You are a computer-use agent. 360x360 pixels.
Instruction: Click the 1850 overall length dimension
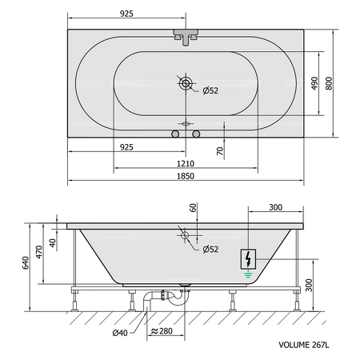(186, 176)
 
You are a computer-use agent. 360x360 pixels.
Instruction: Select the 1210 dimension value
(186, 163)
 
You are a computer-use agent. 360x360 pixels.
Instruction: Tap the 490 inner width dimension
(314, 83)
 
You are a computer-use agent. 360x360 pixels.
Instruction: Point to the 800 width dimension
(329, 83)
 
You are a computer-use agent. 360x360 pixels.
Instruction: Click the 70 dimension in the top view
(220, 151)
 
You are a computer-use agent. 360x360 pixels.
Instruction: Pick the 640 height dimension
(26, 262)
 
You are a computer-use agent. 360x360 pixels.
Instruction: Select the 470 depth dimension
(39, 252)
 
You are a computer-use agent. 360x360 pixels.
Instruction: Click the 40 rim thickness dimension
(53, 242)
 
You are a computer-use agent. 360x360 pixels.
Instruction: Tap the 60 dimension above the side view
(194, 207)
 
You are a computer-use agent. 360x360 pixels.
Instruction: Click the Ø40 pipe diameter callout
(120, 333)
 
